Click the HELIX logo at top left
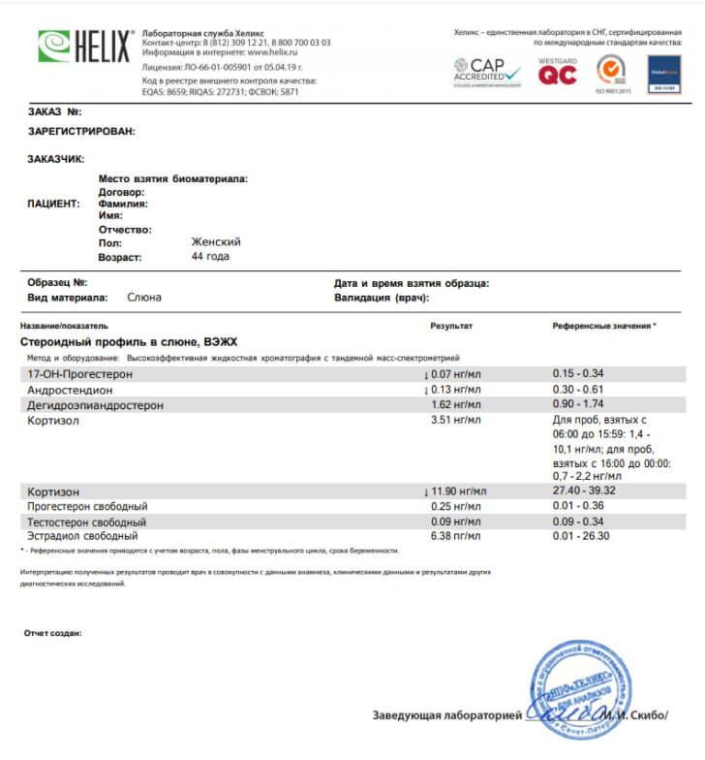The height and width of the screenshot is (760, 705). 85,47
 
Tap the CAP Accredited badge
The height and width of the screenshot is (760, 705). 488,70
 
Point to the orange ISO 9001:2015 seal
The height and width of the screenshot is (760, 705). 610,71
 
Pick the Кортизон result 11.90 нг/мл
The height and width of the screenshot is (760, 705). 450,491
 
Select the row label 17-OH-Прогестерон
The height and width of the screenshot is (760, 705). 79,373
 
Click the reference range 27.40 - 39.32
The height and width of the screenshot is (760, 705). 584,491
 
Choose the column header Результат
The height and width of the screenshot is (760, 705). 451,327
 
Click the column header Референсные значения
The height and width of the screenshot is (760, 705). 603,327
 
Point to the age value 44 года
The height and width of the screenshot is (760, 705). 211,257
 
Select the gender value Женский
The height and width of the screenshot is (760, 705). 216,242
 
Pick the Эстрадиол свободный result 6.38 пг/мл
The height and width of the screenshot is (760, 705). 453,535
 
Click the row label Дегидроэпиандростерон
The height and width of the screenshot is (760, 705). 95,404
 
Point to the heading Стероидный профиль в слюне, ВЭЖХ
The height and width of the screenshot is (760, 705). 128,342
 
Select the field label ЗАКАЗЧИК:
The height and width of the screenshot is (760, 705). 56,158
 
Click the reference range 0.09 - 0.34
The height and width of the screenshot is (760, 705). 578,521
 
